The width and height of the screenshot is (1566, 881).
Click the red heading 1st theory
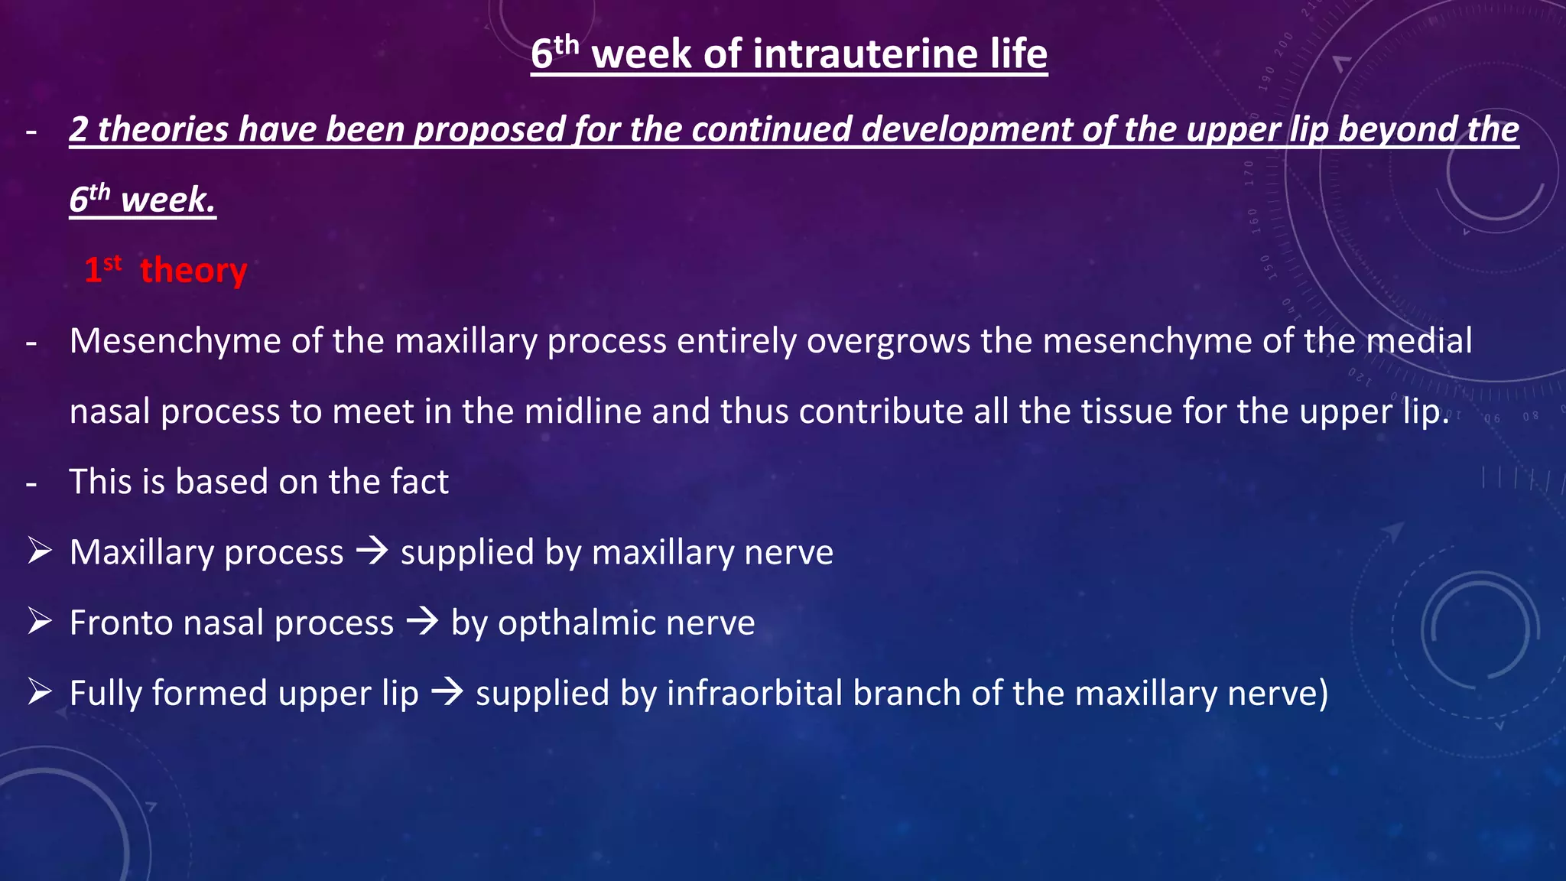[166, 271]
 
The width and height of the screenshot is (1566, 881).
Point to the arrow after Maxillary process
[372, 551]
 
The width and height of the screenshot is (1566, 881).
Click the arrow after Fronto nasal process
[422, 621]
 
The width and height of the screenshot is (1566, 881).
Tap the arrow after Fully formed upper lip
[447, 692]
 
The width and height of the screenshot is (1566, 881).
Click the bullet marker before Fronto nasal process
[40, 621]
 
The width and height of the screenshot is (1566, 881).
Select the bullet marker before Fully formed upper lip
[40, 692]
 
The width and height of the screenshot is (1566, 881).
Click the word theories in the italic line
[163, 129]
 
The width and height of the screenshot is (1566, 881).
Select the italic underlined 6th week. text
[143, 200]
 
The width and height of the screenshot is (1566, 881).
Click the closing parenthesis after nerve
[1322, 694]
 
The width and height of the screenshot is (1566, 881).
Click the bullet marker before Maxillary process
[40, 551]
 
